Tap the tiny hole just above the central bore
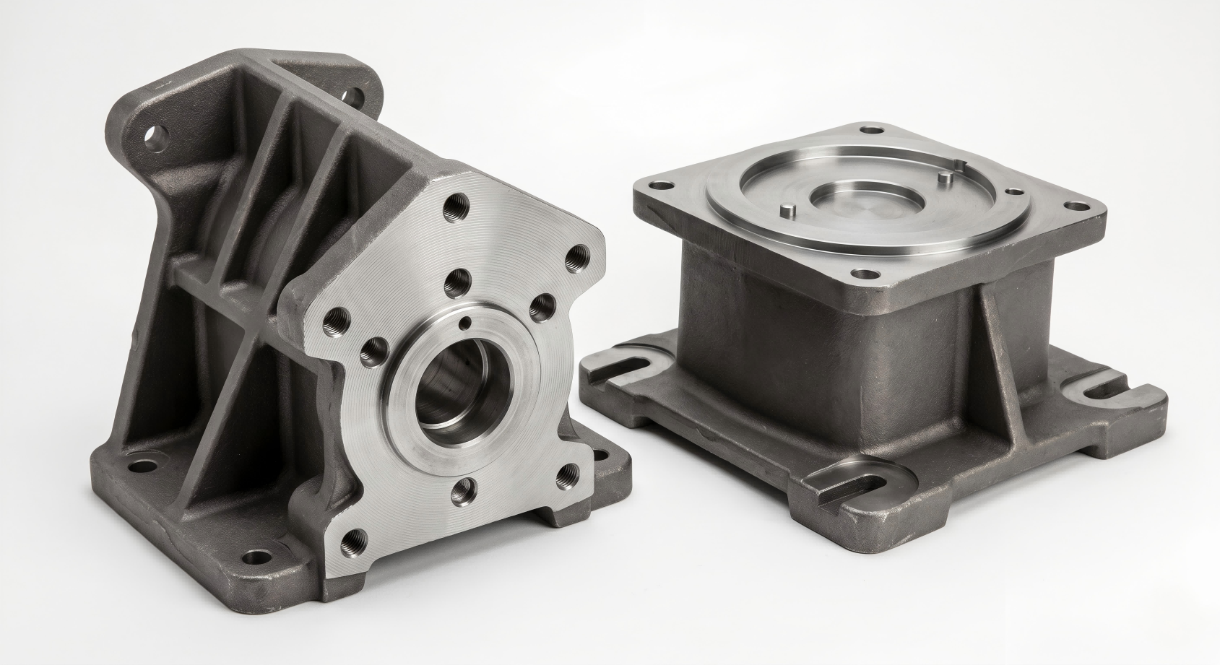469,322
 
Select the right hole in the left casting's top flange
350,95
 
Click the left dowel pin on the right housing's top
789,210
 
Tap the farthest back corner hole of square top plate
876,131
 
